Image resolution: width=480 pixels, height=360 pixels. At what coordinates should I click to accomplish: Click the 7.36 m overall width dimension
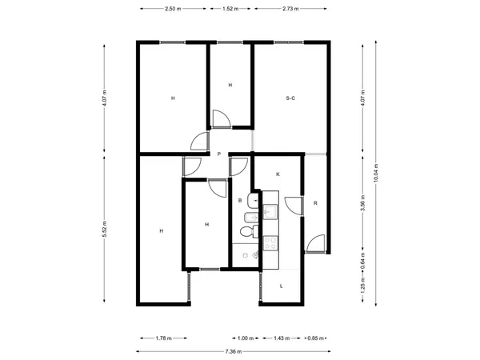(x=234, y=351)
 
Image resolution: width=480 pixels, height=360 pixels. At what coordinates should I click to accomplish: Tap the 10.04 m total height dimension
(x=376, y=173)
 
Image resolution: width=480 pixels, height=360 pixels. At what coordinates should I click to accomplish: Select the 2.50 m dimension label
(x=173, y=9)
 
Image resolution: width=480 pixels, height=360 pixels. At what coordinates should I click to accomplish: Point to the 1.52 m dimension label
(x=230, y=9)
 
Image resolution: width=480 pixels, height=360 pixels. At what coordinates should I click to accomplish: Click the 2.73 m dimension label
(x=290, y=9)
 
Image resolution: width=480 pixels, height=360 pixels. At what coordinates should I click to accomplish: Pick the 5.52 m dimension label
(x=104, y=229)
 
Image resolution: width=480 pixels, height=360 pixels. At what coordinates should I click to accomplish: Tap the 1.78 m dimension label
(x=163, y=338)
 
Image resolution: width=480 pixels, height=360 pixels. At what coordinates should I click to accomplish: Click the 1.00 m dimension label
(x=246, y=338)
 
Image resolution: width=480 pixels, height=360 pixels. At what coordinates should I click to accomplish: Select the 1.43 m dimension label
(x=282, y=338)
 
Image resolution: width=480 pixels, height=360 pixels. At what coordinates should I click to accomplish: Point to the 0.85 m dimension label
(x=315, y=338)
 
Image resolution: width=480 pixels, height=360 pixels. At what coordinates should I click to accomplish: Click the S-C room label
(x=290, y=98)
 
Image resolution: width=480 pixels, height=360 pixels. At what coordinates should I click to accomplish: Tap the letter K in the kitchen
(x=278, y=174)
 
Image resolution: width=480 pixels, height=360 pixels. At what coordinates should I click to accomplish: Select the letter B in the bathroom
(x=240, y=201)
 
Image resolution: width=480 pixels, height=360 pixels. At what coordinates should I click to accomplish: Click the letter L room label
(x=282, y=286)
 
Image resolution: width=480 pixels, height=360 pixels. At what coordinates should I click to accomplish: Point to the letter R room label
(x=316, y=203)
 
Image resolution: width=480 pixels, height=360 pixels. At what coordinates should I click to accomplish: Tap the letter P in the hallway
(x=219, y=154)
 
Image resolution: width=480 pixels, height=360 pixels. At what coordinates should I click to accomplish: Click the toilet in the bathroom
(x=249, y=231)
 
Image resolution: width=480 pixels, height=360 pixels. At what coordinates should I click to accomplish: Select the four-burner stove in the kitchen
(x=270, y=243)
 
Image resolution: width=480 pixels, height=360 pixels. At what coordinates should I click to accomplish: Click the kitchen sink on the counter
(x=270, y=212)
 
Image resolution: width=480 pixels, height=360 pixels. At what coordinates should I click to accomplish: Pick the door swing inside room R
(x=315, y=244)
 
